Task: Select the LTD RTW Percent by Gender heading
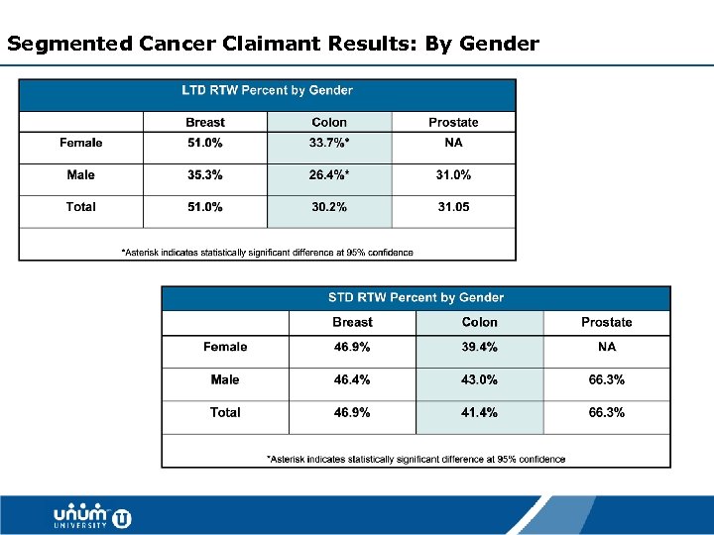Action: point(267,90)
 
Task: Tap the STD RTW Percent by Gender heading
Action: point(416,297)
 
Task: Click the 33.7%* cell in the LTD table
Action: point(329,143)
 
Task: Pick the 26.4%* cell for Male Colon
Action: point(329,175)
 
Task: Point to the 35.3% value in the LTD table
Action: point(204,175)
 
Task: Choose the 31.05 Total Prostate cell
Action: point(453,207)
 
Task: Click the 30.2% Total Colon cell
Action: point(329,207)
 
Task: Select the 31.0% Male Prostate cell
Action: point(453,175)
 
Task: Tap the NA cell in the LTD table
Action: point(453,143)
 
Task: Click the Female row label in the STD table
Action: point(225,347)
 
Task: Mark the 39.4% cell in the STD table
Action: point(479,347)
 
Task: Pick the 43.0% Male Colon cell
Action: point(479,379)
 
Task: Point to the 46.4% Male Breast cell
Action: point(352,379)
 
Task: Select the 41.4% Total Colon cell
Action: point(479,412)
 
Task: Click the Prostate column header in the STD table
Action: point(606,322)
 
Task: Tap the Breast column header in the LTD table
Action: point(204,123)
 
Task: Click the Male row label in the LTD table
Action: point(81,175)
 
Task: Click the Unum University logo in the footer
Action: point(92,516)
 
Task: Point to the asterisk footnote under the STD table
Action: point(416,459)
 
